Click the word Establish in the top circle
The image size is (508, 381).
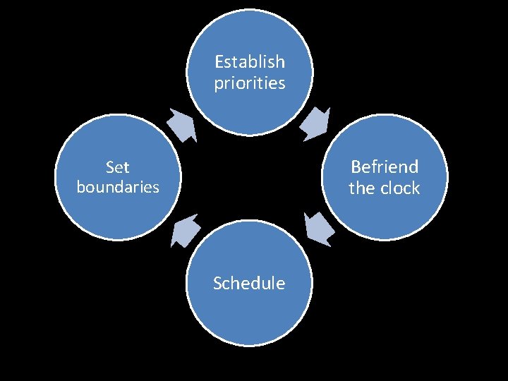point(250,62)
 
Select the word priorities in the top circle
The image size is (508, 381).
point(250,83)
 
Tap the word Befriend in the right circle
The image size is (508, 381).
point(385,167)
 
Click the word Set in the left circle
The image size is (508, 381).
point(118,167)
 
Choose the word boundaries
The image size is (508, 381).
point(118,188)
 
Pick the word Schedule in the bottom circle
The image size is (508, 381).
point(250,284)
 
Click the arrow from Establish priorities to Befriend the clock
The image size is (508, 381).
point(315,123)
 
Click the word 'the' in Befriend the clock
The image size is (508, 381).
point(361,188)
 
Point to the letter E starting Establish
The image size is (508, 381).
point(219,62)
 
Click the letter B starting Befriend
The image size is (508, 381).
point(356,167)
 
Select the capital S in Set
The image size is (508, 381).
point(109,167)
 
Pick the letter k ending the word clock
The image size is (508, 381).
point(416,188)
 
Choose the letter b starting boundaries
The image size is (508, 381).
point(80,188)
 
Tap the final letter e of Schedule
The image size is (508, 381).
point(281,284)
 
